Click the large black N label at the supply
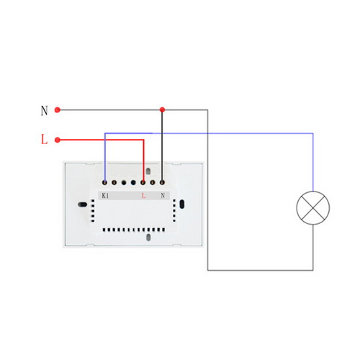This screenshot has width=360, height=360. point(44,111)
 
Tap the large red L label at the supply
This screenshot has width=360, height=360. point(44,140)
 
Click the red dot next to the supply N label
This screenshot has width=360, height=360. point(58,110)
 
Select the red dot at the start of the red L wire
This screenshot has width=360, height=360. point(58,140)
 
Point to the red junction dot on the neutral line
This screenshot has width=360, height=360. point(162,110)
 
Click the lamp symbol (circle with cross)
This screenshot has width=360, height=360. point(313,208)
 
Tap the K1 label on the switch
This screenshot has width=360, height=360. point(105,196)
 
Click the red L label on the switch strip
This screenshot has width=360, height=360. point(143,196)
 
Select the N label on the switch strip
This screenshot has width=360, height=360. point(163,196)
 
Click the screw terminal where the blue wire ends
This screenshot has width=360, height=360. point(104,183)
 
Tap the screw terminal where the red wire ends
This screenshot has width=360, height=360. point(143,183)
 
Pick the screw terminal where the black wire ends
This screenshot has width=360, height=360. point(162,183)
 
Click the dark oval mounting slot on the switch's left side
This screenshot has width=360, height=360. point(82,204)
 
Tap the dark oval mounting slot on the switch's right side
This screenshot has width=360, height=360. point(182,204)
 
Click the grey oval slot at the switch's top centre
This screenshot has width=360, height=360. point(148,171)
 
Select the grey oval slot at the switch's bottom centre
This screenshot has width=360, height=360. point(148,238)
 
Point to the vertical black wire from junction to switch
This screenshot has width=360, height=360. point(162,146)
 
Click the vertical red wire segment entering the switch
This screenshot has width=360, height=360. point(143,161)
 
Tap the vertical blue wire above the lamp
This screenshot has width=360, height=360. point(313,162)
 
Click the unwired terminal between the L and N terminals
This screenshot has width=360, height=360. point(153,183)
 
